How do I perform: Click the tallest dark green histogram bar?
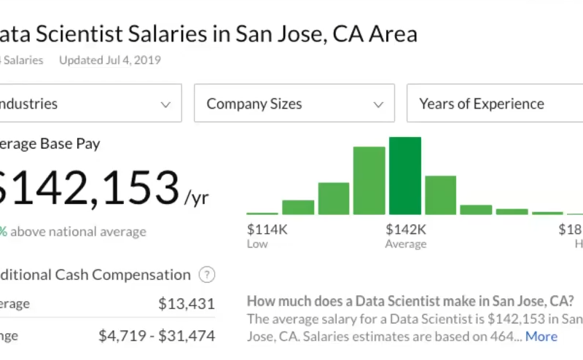pos(404,176)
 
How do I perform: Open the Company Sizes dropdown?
pos(294,103)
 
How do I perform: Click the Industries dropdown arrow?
pos(165,104)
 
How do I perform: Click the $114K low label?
pos(267,230)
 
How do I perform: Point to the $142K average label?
pos(406,230)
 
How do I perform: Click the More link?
pos(541,336)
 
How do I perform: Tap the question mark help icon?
pos(208,275)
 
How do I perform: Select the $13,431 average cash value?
pos(187,304)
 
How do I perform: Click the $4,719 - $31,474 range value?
pos(157,336)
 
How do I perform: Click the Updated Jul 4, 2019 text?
pos(110,60)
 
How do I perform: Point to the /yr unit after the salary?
pos(196,197)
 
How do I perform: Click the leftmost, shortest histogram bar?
pos(262,213)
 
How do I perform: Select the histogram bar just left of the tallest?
pos(369,181)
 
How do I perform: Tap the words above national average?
pos(79,232)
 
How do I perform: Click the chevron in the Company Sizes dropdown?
pos(378,104)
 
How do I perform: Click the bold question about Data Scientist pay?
pos(410,301)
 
